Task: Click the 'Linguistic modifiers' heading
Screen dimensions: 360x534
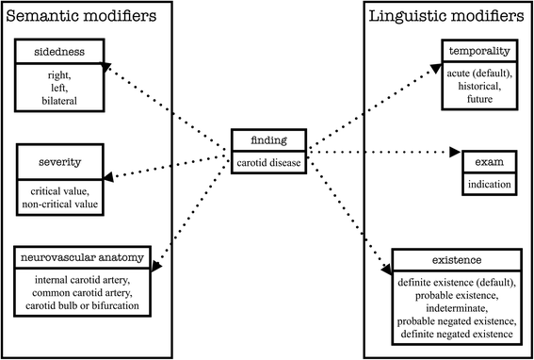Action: point(447,17)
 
